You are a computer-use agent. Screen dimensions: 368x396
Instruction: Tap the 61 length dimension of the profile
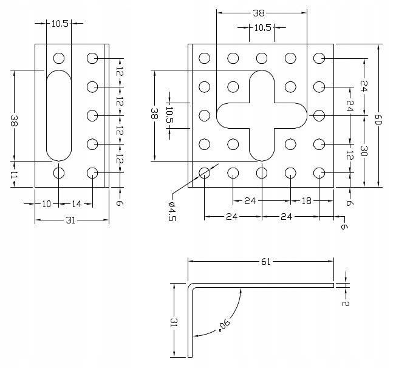265,262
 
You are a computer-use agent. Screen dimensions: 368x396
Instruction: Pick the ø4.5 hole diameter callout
172,211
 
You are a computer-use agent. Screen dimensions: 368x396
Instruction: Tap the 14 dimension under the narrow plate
77,204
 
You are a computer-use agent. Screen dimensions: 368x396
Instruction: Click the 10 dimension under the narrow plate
47,204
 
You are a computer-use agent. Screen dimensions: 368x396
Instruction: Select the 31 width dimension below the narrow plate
70,220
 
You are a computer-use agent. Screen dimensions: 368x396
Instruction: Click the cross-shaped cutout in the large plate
262,115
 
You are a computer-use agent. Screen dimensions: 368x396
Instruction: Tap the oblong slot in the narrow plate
59,115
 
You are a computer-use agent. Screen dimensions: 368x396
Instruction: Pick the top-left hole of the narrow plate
59,58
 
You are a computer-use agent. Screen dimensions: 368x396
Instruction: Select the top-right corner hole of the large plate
319,58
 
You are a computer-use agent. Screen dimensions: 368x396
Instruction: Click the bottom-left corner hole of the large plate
204,173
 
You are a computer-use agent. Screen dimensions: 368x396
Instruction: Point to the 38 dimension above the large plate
262,12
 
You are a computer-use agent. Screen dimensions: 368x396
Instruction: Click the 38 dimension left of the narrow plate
14,121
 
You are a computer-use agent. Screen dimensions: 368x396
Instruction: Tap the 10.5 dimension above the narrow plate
60,23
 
